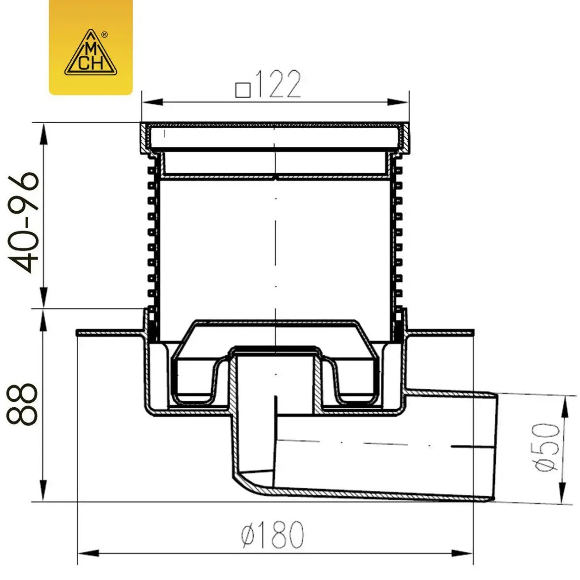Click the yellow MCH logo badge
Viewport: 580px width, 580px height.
coord(91,47)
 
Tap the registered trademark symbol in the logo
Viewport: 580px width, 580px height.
coord(104,35)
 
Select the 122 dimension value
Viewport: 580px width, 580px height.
coord(278,84)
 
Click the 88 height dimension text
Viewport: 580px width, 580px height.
coord(22,404)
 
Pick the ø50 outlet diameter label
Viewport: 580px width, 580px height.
coord(547,447)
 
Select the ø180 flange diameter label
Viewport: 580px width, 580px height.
coord(273,534)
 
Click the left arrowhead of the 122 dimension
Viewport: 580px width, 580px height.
coord(152,102)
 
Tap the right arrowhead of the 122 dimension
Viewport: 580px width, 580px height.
coord(398,102)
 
